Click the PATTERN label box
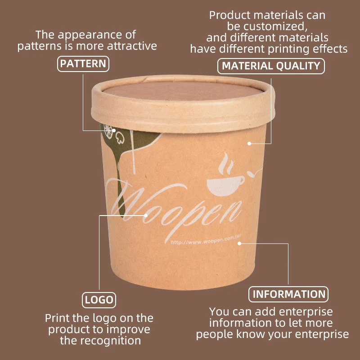coord(83,63)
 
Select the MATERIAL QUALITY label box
coord(271,66)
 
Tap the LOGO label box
coord(99,300)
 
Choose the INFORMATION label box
coord(288,294)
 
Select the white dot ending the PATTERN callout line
coord(114,130)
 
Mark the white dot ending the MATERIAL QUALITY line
coord(248,144)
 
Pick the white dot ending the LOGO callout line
coord(146,215)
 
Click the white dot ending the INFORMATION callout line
coord(239,243)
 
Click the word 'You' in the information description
coord(220,311)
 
